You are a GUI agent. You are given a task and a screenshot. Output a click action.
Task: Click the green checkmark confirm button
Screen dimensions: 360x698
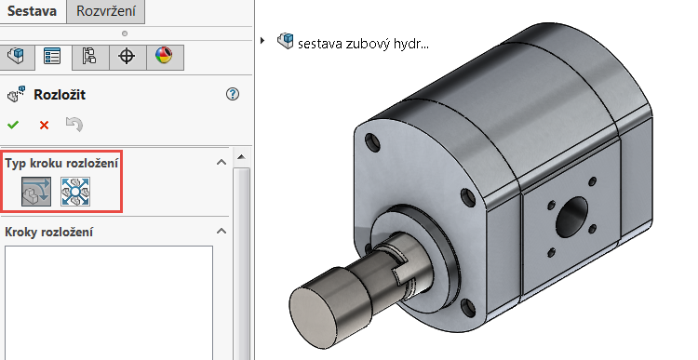[x=13, y=125]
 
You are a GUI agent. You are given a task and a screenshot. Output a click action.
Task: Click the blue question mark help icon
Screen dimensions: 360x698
[x=233, y=94]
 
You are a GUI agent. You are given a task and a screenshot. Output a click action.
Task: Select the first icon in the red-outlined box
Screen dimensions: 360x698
[x=37, y=191]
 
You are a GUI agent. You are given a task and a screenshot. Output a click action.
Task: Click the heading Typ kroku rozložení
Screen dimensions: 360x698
[x=61, y=163]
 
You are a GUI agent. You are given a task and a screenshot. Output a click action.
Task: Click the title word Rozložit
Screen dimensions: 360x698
[x=60, y=94]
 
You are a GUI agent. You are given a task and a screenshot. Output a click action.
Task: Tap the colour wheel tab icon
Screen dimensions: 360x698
[x=164, y=56]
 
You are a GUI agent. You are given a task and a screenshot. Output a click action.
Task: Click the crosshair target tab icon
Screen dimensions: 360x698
[x=127, y=56]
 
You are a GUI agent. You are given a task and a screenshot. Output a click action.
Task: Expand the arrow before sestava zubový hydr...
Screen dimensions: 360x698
[x=263, y=41]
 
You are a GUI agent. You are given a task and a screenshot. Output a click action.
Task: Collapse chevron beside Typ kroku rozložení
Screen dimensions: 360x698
[x=221, y=163]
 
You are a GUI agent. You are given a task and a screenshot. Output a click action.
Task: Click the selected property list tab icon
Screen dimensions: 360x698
[x=52, y=56]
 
